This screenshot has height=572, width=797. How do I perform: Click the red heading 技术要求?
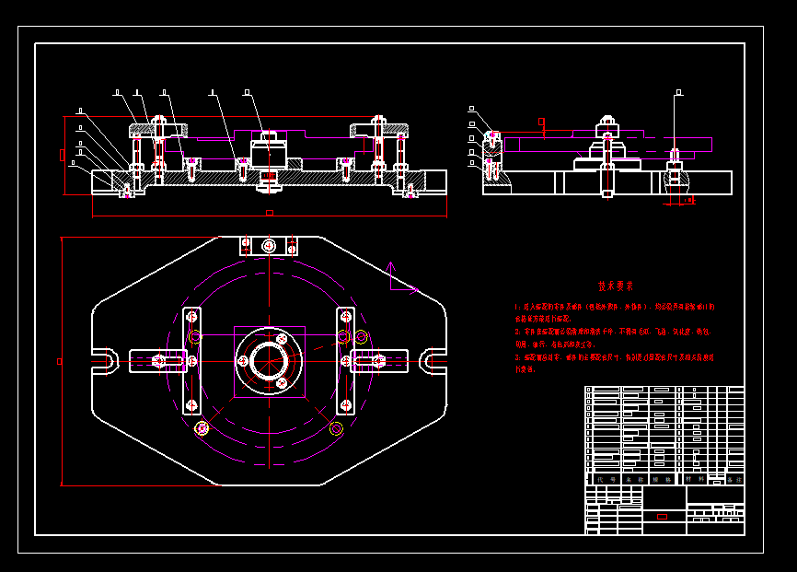[x=615, y=286]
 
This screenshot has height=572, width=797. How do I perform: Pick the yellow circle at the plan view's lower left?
[x=202, y=427]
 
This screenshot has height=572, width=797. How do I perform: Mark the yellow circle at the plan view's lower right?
[x=336, y=428]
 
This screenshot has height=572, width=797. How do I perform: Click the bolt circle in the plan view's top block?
[x=269, y=246]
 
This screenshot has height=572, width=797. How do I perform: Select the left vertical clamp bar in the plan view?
[x=192, y=360]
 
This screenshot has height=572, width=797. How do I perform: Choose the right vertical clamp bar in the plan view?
[x=345, y=360]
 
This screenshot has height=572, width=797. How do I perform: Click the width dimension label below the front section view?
[x=270, y=213]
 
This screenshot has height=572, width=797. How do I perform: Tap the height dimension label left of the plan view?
[x=60, y=361]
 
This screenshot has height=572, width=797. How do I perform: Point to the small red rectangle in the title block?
[x=662, y=516]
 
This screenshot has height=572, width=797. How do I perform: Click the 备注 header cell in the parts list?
[x=733, y=479]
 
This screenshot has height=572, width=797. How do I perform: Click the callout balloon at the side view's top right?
[x=679, y=92]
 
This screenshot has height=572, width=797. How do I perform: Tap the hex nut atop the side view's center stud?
[x=606, y=122]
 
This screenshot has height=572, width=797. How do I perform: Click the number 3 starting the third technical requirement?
[x=517, y=356]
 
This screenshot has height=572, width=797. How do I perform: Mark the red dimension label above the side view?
[x=542, y=121]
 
